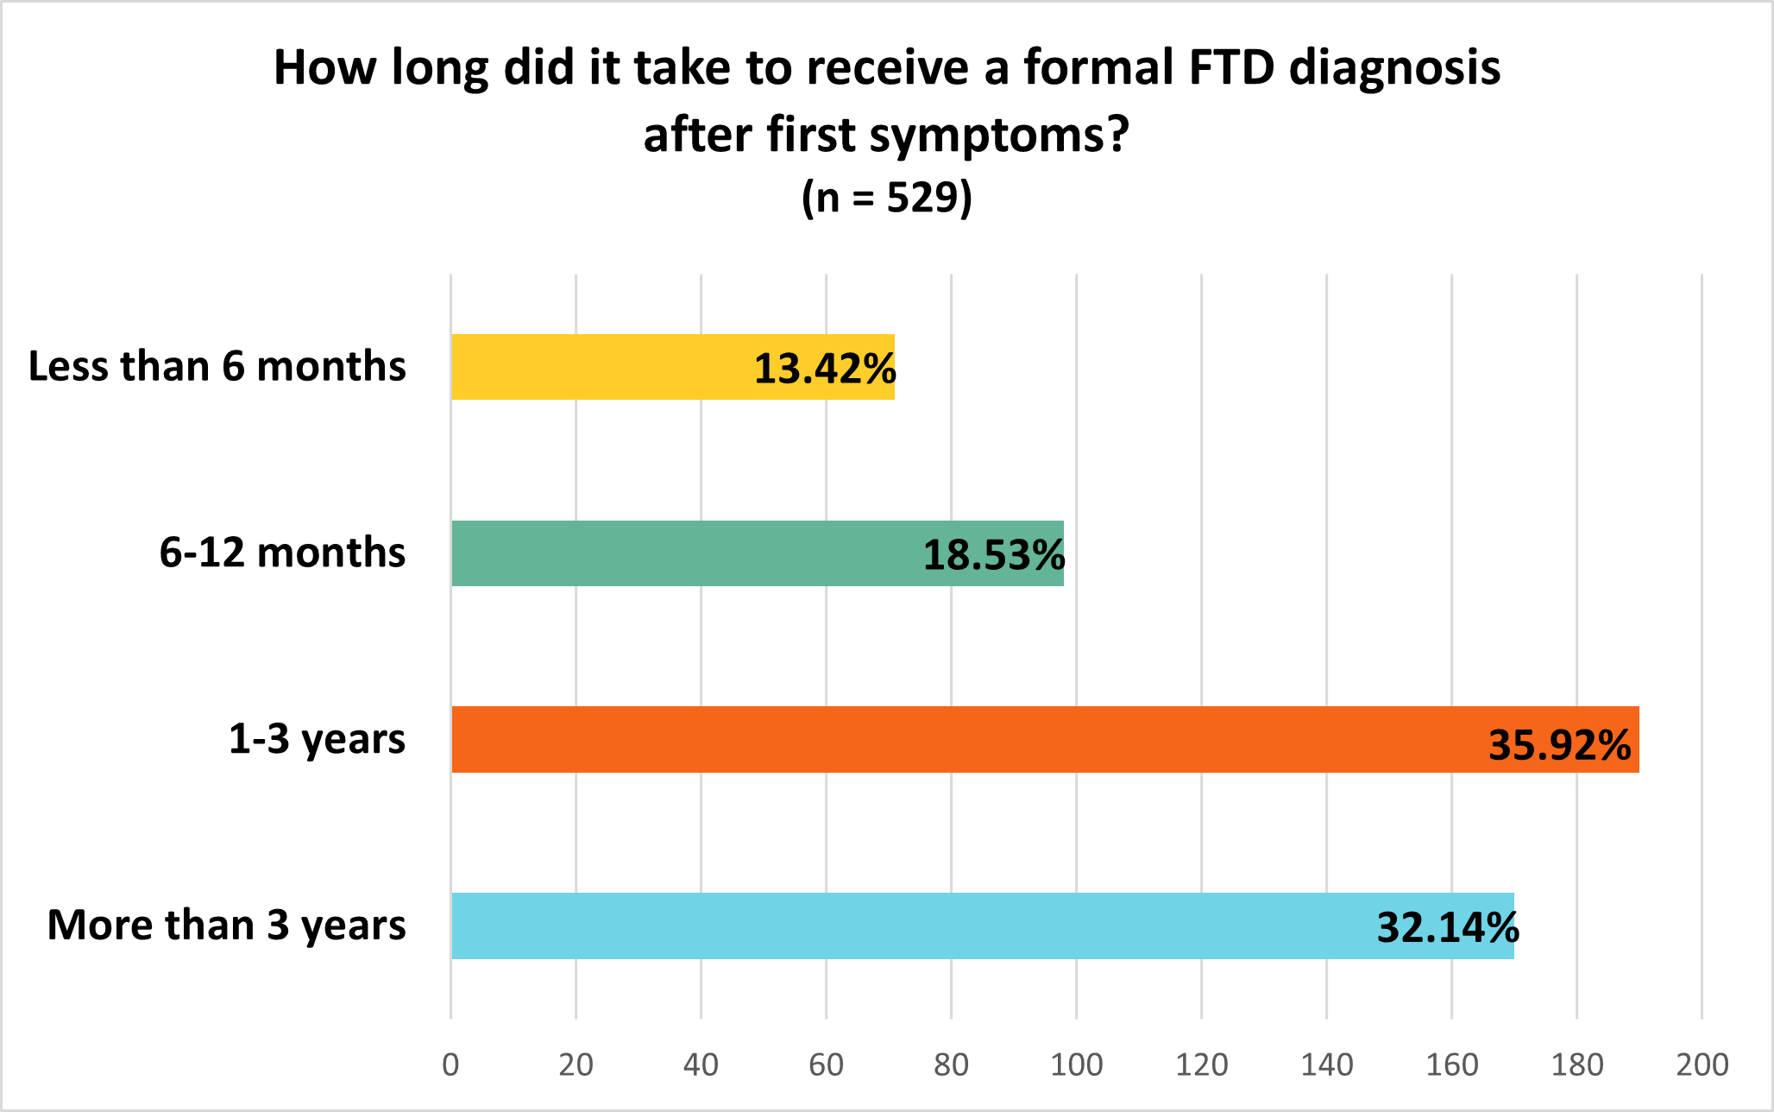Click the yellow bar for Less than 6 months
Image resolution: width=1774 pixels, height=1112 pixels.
604,367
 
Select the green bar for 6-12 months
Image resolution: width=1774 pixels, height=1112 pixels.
690,553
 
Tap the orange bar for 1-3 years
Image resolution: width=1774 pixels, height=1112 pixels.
949,740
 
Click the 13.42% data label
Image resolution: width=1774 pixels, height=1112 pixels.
825,369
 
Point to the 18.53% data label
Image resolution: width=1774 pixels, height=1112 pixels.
994,555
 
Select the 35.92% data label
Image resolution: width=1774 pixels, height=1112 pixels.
1560,745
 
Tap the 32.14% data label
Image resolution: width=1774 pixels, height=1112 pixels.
1448,928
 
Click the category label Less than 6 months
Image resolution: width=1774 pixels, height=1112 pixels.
217,366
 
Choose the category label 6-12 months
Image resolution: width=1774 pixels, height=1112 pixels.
282,553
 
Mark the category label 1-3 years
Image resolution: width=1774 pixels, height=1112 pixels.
317,739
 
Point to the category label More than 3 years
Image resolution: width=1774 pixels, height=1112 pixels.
226,926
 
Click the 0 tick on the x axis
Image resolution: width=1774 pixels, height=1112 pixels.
450,1065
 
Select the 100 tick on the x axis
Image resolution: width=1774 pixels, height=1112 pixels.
1076,1065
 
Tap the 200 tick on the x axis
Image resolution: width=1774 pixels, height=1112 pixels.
1702,1065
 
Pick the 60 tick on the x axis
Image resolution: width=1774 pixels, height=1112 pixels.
826,1065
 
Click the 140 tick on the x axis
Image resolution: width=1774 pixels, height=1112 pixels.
1326,1065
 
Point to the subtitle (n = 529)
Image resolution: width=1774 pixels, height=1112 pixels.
887,198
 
